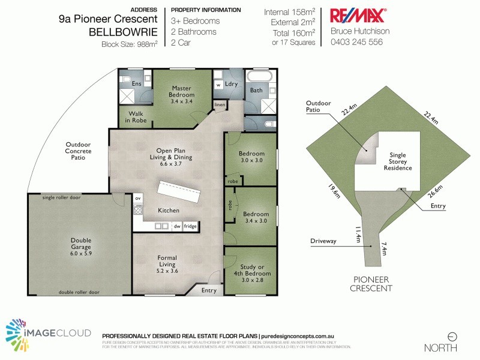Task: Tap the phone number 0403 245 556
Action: [356, 42]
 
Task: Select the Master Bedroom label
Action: [181, 91]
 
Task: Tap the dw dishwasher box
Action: [177, 226]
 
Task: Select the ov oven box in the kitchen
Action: [137, 198]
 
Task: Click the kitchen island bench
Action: [179, 193]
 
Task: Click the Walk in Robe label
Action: [136, 117]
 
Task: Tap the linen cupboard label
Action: [220, 106]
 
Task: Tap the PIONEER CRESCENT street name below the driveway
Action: [373, 284]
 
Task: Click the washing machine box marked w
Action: [218, 85]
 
